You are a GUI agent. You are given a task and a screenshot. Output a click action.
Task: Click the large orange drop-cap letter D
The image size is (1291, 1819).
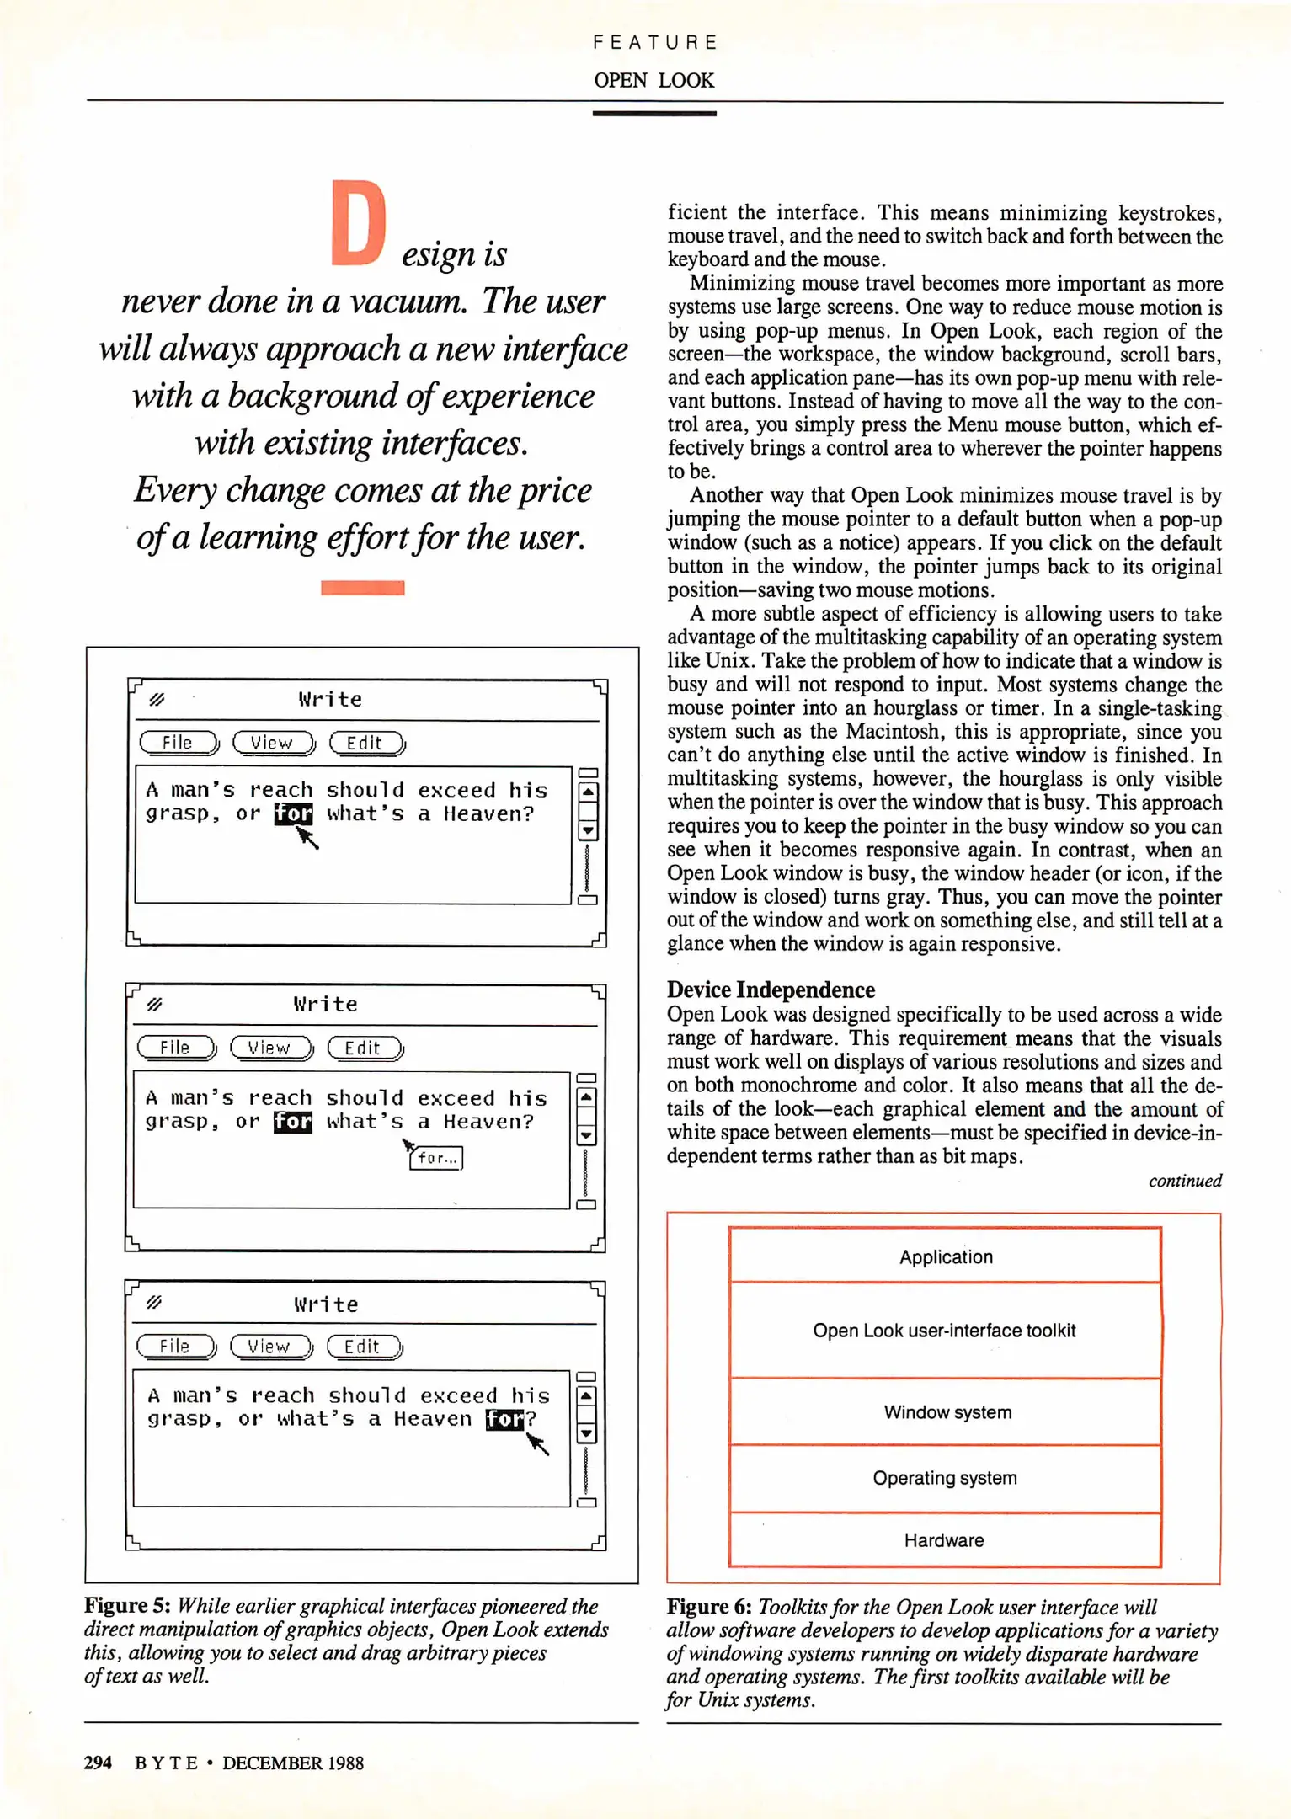357,224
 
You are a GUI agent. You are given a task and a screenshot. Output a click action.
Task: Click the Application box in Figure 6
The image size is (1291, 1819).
945,1256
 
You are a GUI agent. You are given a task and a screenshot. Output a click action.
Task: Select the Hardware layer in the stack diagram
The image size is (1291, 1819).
944,1539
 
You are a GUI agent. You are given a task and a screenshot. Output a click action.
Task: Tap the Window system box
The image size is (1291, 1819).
947,1412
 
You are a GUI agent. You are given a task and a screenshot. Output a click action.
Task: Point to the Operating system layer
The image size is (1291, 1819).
944,1478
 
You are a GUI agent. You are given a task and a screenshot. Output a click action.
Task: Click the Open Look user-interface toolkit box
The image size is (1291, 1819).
944,1331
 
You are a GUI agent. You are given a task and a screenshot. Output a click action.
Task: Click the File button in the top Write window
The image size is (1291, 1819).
178,743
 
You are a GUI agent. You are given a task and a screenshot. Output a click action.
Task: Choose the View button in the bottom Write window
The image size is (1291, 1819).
269,1347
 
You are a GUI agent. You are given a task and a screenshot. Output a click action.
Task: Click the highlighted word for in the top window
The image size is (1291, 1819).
293,813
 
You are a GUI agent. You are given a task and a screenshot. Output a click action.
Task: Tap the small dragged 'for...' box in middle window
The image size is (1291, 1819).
436,1158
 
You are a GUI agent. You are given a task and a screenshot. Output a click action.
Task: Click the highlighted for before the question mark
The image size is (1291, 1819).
504,1419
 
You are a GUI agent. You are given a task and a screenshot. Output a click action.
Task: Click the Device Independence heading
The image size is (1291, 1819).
771,990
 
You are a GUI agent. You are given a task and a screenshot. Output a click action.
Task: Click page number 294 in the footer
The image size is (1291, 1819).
98,1763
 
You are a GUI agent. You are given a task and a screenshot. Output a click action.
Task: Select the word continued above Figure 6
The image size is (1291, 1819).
1184,1181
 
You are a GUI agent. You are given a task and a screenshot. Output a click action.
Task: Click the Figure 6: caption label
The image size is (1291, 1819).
709,1607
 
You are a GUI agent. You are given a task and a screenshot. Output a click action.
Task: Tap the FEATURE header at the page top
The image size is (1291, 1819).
654,43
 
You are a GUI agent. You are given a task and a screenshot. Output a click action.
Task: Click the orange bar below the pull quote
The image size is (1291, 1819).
362,588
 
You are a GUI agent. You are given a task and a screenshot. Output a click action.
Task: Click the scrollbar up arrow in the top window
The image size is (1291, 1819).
588,792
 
